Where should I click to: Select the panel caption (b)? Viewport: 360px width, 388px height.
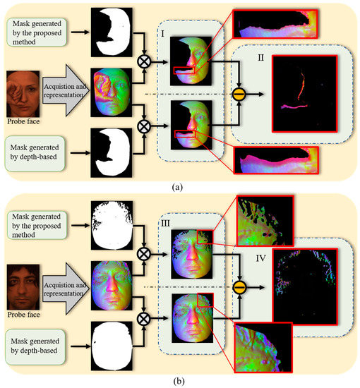181,380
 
